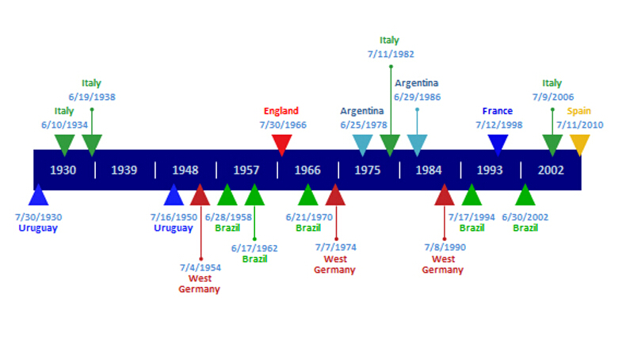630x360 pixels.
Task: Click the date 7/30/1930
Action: [x=39, y=217]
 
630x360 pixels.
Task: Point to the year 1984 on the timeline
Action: [x=428, y=170]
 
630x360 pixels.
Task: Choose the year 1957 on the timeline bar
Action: [x=246, y=170]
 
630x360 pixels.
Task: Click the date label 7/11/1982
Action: [x=391, y=54]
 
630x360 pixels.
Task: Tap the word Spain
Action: [x=578, y=111]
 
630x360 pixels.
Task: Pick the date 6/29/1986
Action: [x=417, y=97]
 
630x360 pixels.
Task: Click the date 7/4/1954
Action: [x=200, y=267]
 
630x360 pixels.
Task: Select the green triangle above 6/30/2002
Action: [x=525, y=195]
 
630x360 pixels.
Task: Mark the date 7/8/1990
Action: [x=445, y=247]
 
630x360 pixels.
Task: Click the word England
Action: [x=281, y=111]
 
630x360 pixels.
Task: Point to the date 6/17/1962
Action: [x=254, y=248]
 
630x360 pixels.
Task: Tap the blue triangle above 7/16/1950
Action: [x=174, y=195]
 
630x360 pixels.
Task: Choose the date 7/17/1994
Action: [x=472, y=217]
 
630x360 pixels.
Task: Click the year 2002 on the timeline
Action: [x=551, y=170]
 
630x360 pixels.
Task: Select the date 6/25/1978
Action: [x=364, y=125]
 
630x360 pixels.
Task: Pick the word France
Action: [x=498, y=111]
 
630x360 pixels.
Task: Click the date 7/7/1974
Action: [x=335, y=247]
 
